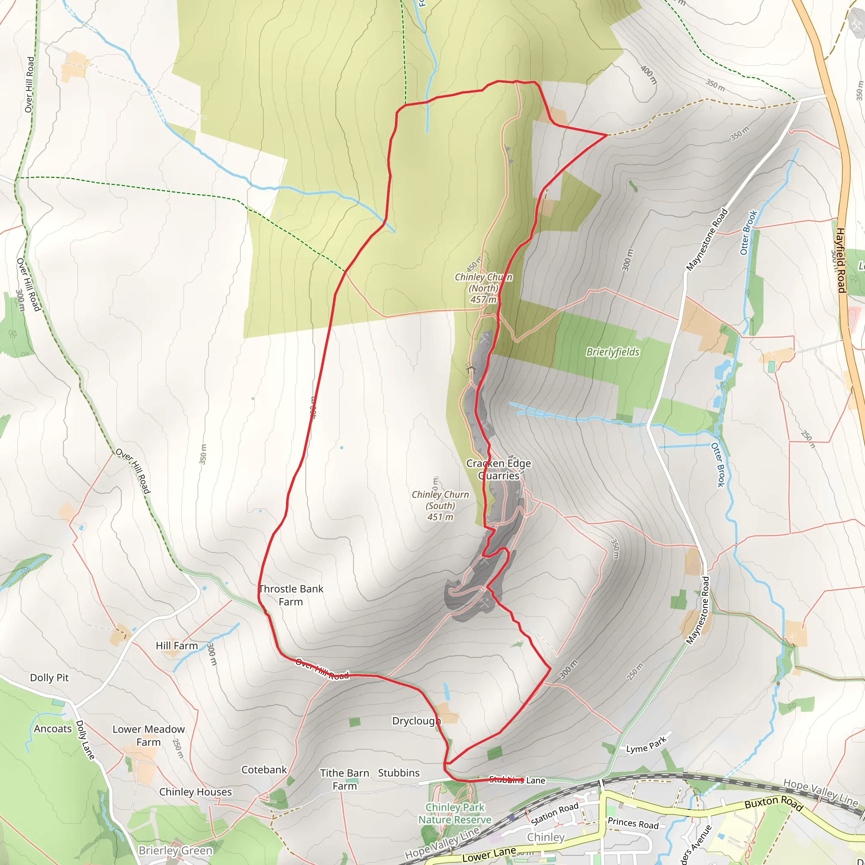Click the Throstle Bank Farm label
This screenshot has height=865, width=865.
pyautogui.click(x=291, y=595)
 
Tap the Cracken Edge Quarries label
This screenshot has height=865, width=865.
pyautogui.click(x=498, y=469)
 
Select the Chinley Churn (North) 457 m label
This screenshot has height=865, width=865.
pyautogui.click(x=483, y=288)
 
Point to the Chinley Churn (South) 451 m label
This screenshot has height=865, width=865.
pyautogui.click(x=440, y=506)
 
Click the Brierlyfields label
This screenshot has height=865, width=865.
pyautogui.click(x=612, y=352)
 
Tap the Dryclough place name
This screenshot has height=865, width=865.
pyautogui.click(x=416, y=721)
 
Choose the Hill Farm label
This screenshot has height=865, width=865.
pyautogui.click(x=177, y=646)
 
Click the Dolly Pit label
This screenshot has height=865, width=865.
pyautogui.click(x=49, y=677)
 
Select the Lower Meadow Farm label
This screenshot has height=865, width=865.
pyautogui.click(x=148, y=736)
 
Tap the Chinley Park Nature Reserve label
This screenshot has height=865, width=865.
pyautogui.click(x=455, y=813)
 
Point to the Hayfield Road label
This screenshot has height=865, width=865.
pyautogui.click(x=840, y=260)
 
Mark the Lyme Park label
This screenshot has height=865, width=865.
pyautogui.click(x=646, y=745)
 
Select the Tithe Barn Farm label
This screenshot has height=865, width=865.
pyautogui.click(x=344, y=780)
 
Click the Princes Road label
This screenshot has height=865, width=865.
pyautogui.click(x=633, y=823)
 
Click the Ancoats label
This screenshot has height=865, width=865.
pyautogui.click(x=53, y=729)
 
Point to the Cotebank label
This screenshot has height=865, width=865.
pyautogui.click(x=264, y=770)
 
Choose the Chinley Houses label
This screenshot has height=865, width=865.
pyautogui.click(x=195, y=792)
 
